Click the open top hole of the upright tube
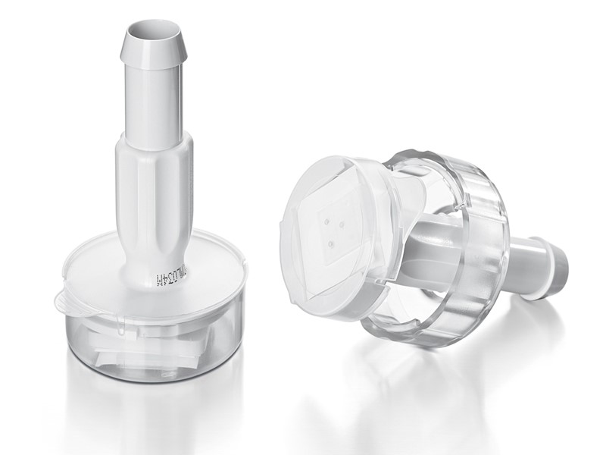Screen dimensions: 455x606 pos(154,33)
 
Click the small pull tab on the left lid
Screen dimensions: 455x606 pos(67,302)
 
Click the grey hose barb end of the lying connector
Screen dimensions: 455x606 pos(557,269)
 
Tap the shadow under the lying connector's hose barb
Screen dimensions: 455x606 pos(530,318)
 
